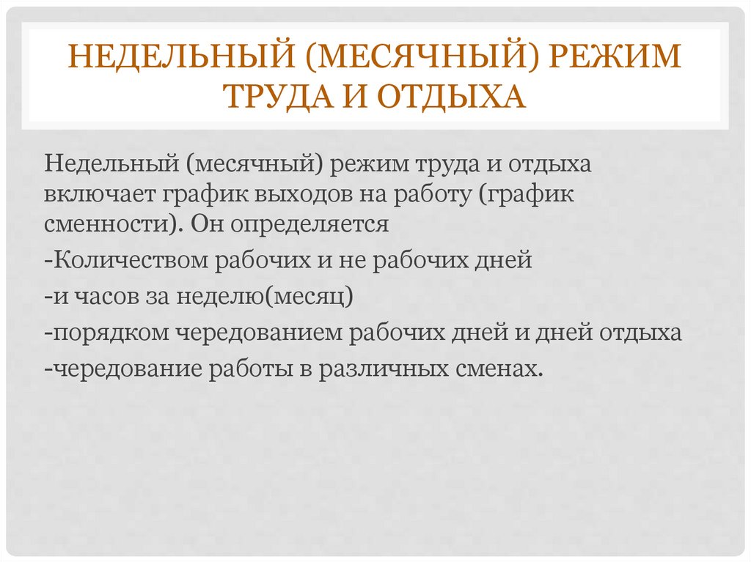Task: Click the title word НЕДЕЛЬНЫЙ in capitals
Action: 180,56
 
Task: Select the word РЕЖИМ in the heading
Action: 615,56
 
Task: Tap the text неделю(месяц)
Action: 264,297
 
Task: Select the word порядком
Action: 111,333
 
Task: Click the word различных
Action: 383,370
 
